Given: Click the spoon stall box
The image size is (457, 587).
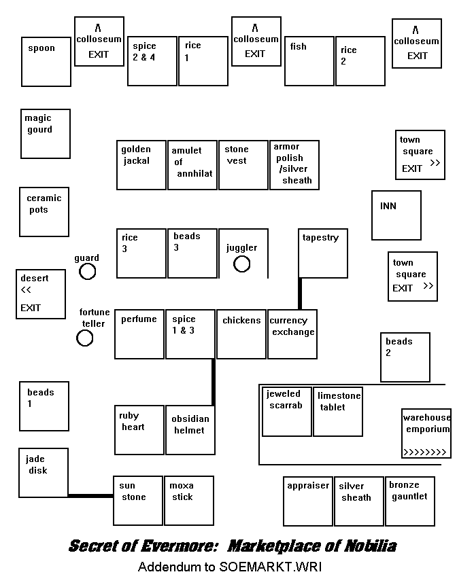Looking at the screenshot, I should [46, 61].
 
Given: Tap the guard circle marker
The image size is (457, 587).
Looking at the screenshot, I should [87, 272].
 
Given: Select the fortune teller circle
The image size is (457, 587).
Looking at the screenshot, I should [84, 338].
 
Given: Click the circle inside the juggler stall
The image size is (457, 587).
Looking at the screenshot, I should [242, 264].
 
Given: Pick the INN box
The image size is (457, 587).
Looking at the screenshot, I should [396, 215].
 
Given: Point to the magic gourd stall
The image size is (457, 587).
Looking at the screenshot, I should [45, 134].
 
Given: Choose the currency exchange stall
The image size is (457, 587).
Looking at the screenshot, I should [292, 334].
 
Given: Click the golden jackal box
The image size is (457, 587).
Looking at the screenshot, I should [141, 165].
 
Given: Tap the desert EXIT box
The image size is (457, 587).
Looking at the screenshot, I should [41, 293].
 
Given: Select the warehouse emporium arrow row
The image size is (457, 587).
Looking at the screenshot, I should [425, 452].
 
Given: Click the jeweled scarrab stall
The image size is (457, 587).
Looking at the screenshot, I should [287, 412].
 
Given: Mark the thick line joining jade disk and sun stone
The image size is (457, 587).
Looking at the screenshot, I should [90, 495].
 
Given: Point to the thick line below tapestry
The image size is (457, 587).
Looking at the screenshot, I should [299, 293].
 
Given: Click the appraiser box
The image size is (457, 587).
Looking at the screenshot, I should [308, 501].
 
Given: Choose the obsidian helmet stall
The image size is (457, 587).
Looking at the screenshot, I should [190, 430].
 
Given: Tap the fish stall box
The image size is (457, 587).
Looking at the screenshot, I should [309, 61].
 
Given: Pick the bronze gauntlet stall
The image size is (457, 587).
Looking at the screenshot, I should [410, 501].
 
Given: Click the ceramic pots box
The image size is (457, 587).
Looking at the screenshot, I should [44, 212].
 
